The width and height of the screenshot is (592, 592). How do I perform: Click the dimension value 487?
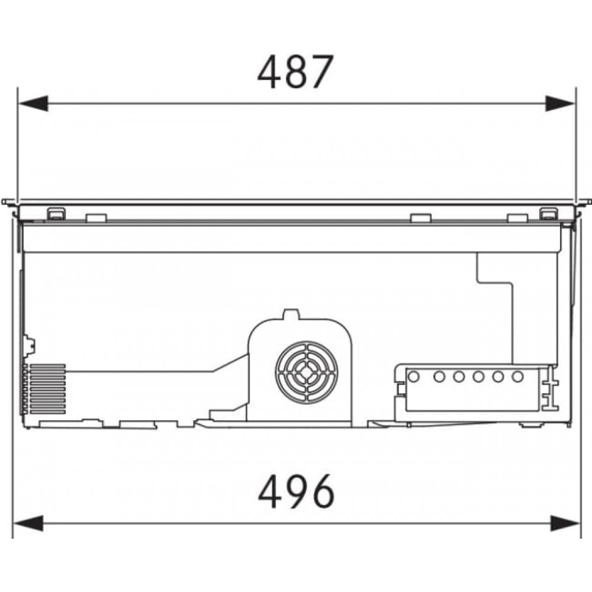click(x=295, y=72)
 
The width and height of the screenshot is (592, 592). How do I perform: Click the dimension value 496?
click(x=297, y=491)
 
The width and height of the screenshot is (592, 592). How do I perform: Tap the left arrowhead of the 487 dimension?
click(x=33, y=104)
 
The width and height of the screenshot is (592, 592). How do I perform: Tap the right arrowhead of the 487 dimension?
click(x=560, y=104)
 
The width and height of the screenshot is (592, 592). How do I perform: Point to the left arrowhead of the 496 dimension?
click(x=28, y=523)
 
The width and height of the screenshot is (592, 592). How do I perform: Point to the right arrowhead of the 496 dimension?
click(x=565, y=523)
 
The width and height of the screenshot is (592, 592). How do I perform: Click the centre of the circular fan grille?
click(x=307, y=372)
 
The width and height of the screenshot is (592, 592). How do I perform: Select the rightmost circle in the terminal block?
click(x=517, y=377)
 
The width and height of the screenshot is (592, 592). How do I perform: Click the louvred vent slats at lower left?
click(x=47, y=389)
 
